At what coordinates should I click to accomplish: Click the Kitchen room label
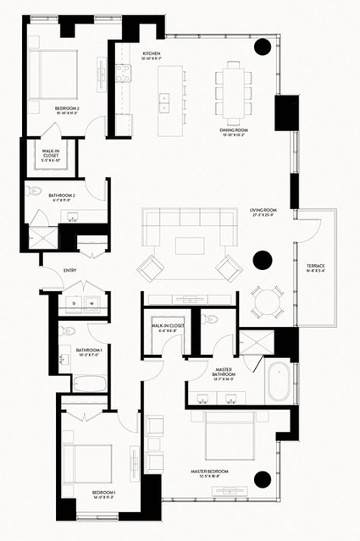[152, 53]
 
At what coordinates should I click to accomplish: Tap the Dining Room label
[242, 129]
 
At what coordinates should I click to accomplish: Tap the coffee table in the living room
[186, 246]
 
